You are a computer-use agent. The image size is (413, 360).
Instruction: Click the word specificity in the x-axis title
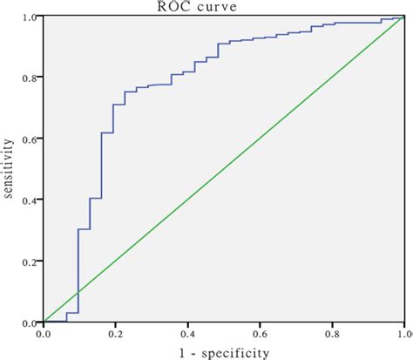tap(237, 351)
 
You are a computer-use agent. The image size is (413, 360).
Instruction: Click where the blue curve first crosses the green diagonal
tap(78, 292)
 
